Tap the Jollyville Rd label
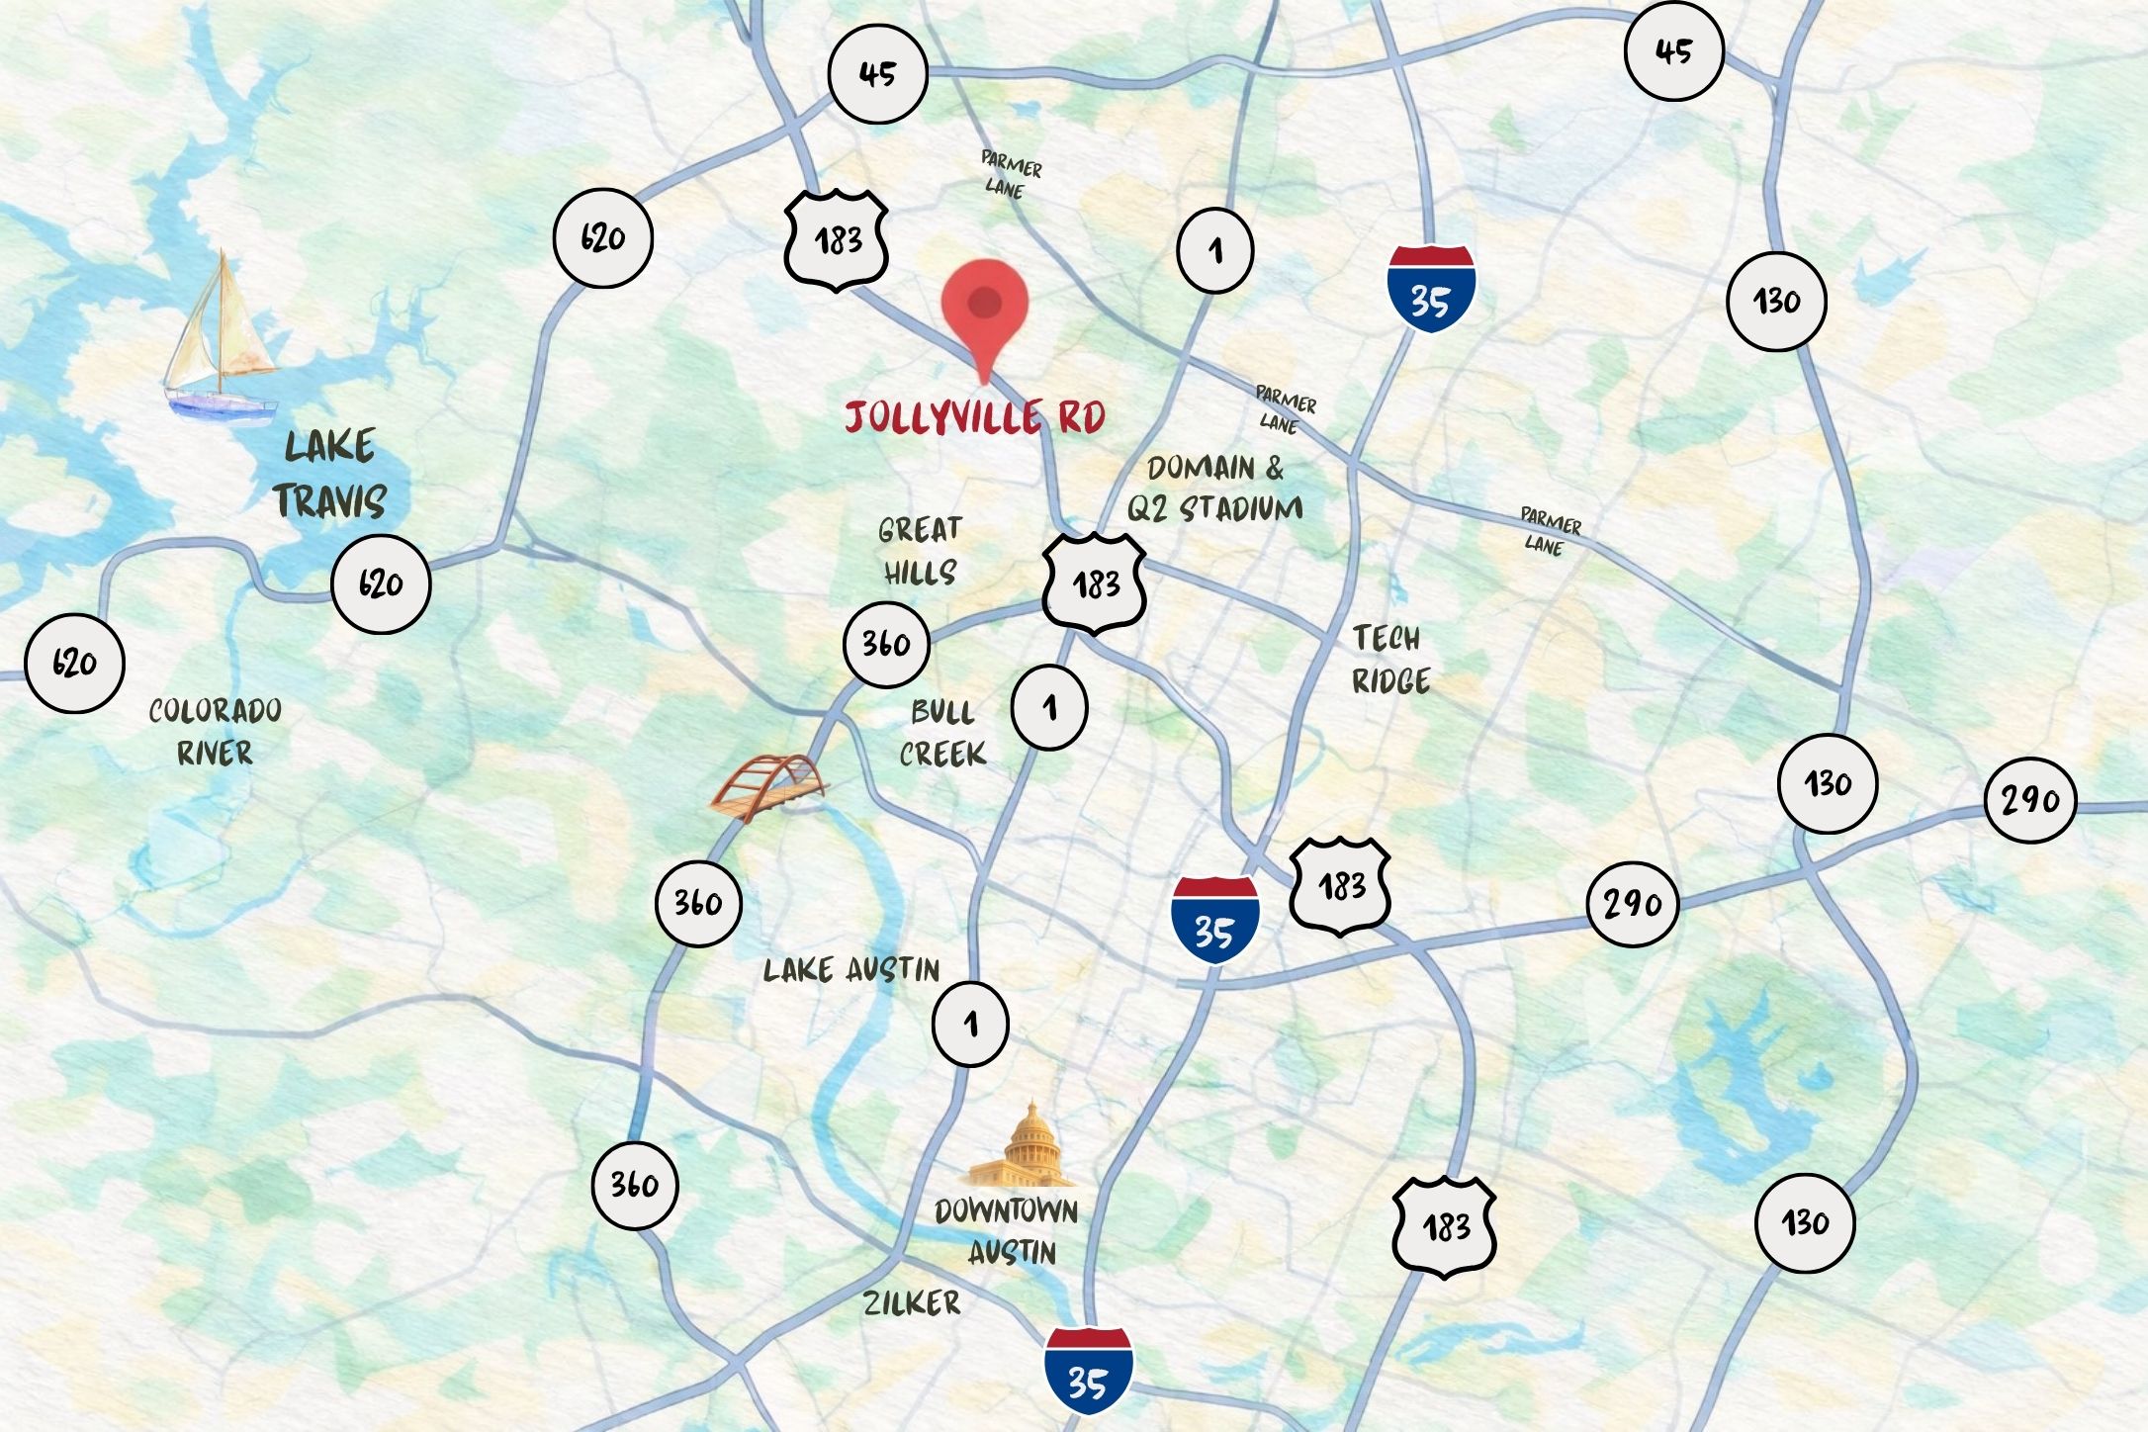point(975,417)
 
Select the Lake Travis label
point(330,475)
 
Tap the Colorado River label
point(215,732)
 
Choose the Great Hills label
point(920,551)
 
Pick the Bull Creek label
point(942,733)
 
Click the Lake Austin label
point(851,970)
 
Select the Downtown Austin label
point(1008,1231)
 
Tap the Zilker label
point(912,1303)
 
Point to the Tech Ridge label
point(1390,660)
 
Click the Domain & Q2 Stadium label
point(1215,489)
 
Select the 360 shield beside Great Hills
point(886,644)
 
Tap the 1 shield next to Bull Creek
point(1049,707)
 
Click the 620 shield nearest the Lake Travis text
point(381,583)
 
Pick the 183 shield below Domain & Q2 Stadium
point(1095,583)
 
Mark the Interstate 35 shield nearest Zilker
point(1088,1371)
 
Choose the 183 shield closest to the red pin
point(837,240)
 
